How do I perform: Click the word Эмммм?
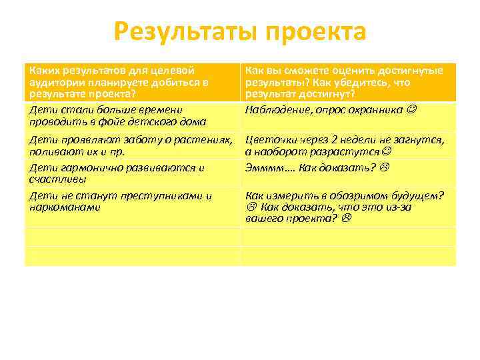coord(264,168)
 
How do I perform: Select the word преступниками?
coord(161,196)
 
